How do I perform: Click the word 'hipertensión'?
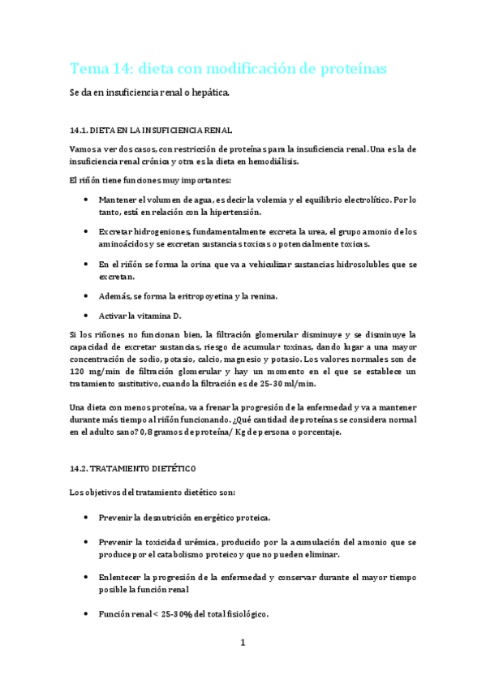[x=234, y=212]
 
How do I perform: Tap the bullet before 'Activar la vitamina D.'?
[x=87, y=316]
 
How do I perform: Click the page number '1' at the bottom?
[x=243, y=643]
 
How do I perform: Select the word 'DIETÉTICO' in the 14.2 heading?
[x=170, y=469]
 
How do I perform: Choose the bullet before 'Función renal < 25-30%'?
[x=87, y=614]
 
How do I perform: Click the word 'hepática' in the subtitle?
[x=209, y=92]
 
